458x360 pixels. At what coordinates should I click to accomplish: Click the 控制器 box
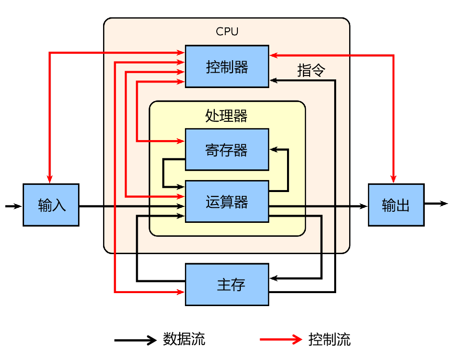tap(227, 66)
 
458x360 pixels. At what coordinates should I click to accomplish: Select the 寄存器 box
tap(227, 149)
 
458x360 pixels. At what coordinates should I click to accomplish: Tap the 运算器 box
tap(227, 201)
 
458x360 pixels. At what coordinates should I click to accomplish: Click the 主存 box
tap(227, 284)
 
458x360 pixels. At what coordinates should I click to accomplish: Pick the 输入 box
tap(51, 205)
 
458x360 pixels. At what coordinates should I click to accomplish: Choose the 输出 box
tap(396, 205)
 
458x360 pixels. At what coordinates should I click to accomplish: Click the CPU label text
tap(227, 32)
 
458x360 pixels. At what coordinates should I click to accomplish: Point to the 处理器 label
tap(227, 116)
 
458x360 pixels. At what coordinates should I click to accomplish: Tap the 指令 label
tap(311, 71)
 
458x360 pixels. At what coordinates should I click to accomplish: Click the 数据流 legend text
tap(184, 339)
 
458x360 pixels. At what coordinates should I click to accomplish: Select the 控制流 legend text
tap(330, 339)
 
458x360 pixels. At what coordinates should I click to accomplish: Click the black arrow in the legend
tap(136, 340)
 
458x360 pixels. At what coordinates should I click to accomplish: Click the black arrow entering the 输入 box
tap(14, 206)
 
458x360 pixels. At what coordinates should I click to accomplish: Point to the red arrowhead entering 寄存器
tap(181, 141)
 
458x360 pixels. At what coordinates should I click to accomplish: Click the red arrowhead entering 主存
tap(181, 292)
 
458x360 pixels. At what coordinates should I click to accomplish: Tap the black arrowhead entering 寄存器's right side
tap(274, 149)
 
